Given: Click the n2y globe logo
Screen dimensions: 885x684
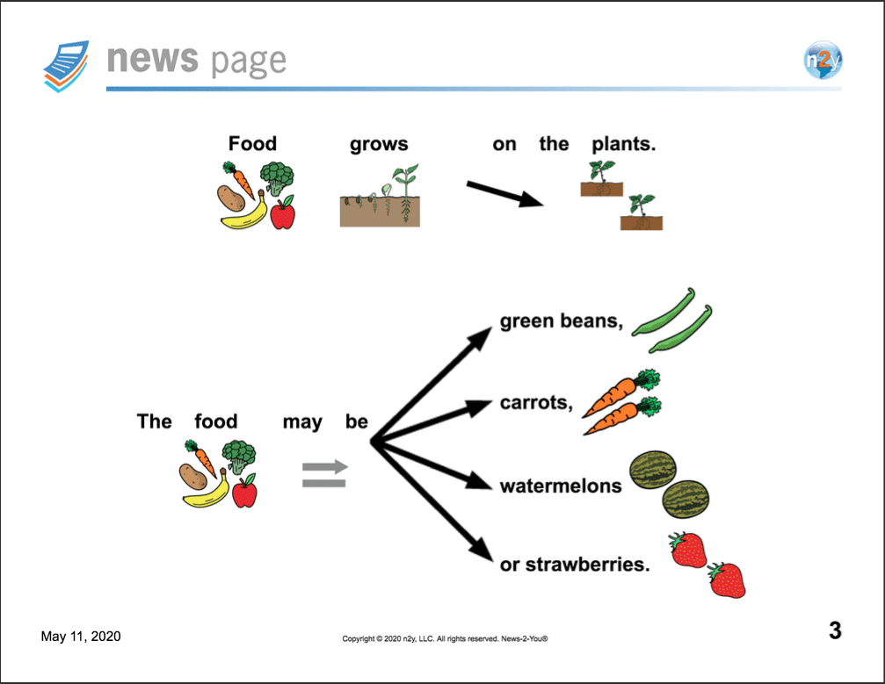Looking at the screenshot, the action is click(823, 59).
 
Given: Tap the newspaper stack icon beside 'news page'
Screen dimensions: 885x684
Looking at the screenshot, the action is click(67, 66).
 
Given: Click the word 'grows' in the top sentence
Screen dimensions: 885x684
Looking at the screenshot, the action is click(379, 144).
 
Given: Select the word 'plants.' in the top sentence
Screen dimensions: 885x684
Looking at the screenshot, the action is click(624, 144).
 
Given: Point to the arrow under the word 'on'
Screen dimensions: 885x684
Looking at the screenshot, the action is click(504, 193).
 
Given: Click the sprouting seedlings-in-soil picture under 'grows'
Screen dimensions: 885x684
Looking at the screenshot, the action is click(380, 195).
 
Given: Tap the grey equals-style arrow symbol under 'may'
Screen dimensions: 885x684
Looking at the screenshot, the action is click(325, 473).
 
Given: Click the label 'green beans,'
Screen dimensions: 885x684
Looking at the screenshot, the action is click(562, 320).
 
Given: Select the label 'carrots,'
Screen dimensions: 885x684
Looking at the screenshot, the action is click(536, 403).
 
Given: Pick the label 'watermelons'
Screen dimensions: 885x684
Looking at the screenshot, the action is click(561, 486).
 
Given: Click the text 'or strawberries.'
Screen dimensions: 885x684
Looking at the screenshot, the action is click(575, 564).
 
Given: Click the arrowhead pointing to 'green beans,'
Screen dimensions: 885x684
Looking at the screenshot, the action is click(481, 338).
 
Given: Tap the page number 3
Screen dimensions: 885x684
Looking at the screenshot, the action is click(835, 630).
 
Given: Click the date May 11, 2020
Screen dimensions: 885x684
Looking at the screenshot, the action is click(81, 636).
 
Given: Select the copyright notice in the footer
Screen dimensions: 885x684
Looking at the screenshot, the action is click(445, 639).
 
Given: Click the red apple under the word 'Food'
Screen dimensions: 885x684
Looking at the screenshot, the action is click(283, 212).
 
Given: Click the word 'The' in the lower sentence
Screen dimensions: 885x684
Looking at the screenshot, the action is click(154, 421).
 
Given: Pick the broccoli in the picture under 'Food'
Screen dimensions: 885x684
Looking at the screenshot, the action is click(277, 177).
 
